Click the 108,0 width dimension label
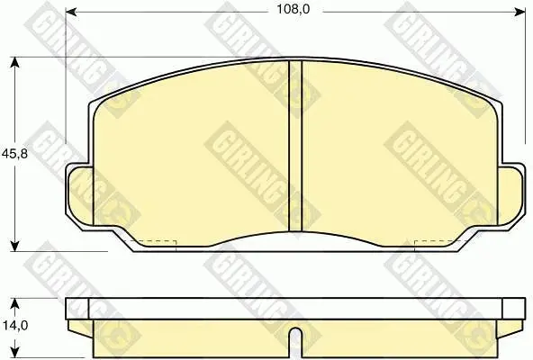coord(293,9)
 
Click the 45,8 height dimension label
coord(14,154)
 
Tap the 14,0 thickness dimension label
coord(15,325)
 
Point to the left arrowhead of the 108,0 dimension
coord(71,12)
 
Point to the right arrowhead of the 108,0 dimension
coord(520,12)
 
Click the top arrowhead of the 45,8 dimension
coord(14,62)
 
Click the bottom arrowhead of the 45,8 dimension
coord(14,246)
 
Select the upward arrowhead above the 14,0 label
coord(14,304)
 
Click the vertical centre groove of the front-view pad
coord(295,146)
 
